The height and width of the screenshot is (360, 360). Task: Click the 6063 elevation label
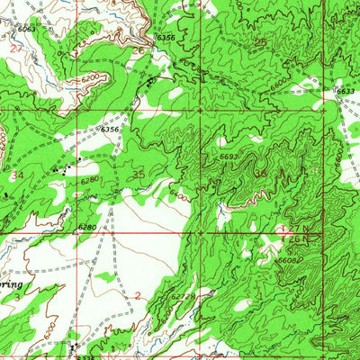28,30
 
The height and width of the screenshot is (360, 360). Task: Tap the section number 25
260,42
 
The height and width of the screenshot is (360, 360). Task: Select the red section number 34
20,176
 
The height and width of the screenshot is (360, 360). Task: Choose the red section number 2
138,294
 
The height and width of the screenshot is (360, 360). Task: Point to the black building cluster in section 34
63,168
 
